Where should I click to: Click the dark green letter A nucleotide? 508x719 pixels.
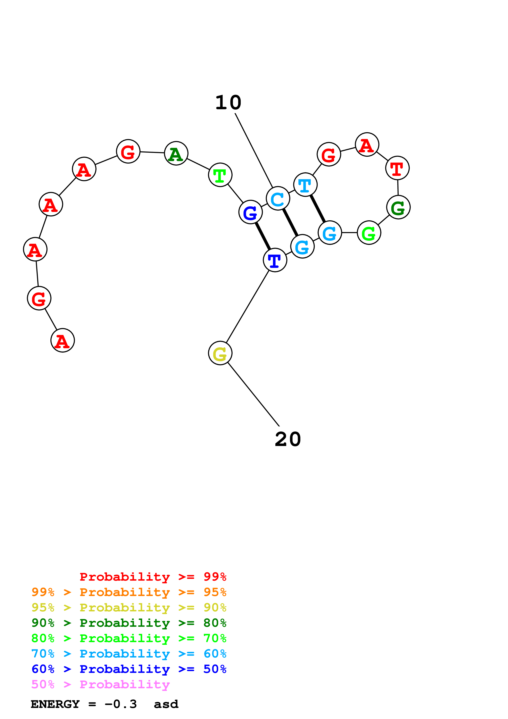point(176,154)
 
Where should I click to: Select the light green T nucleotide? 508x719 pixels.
point(220,175)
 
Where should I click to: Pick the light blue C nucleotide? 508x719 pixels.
point(278,199)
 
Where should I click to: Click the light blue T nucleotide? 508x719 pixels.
point(305,185)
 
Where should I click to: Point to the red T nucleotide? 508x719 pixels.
point(397,168)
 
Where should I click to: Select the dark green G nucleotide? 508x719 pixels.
point(398,207)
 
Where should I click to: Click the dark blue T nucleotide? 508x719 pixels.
point(275,260)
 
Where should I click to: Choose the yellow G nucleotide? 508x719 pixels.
point(220,353)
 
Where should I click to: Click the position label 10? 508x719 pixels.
point(228,103)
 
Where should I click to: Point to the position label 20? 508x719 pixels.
point(288,439)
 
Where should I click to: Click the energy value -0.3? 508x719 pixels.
point(121,704)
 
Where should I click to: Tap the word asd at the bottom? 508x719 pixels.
point(166,704)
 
